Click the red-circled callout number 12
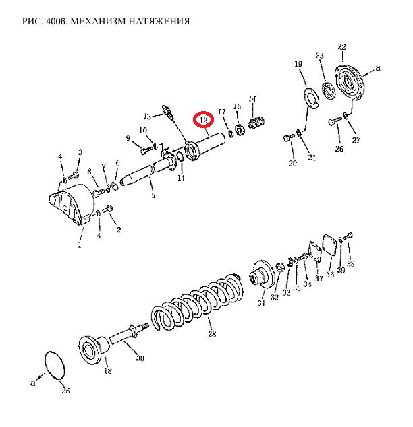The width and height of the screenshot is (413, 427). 204,120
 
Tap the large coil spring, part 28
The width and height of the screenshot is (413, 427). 197,300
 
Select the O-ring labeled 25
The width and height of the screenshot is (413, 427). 55,365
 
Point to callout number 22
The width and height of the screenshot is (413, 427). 341,47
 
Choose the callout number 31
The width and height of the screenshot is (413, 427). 261,302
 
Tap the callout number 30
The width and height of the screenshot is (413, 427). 140,358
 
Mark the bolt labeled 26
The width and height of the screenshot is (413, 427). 335,120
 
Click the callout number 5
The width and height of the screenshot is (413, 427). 153,195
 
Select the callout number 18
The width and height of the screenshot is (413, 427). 108,370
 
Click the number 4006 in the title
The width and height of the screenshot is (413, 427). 57,21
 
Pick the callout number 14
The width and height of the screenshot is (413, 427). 252,98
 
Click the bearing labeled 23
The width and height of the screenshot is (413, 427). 327,90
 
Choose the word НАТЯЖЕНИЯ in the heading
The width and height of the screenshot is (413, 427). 159,21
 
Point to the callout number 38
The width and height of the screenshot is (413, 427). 350,263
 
